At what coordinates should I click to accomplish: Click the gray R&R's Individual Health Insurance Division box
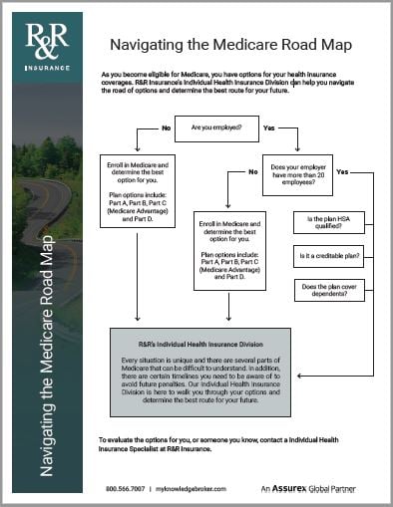(x=200, y=372)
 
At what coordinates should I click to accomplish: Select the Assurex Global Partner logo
(x=316, y=489)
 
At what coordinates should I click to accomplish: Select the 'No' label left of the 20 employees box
(x=255, y=172)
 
